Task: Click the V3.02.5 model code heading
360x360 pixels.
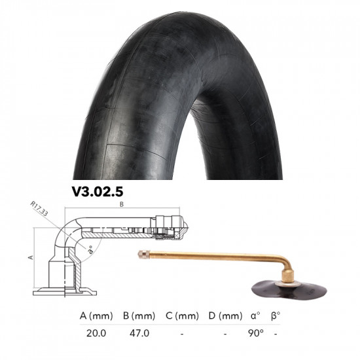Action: click(x=98, y=193)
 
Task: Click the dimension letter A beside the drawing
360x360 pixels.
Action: click(x=30, y=258)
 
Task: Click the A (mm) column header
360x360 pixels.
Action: click(x=96, y=316)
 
